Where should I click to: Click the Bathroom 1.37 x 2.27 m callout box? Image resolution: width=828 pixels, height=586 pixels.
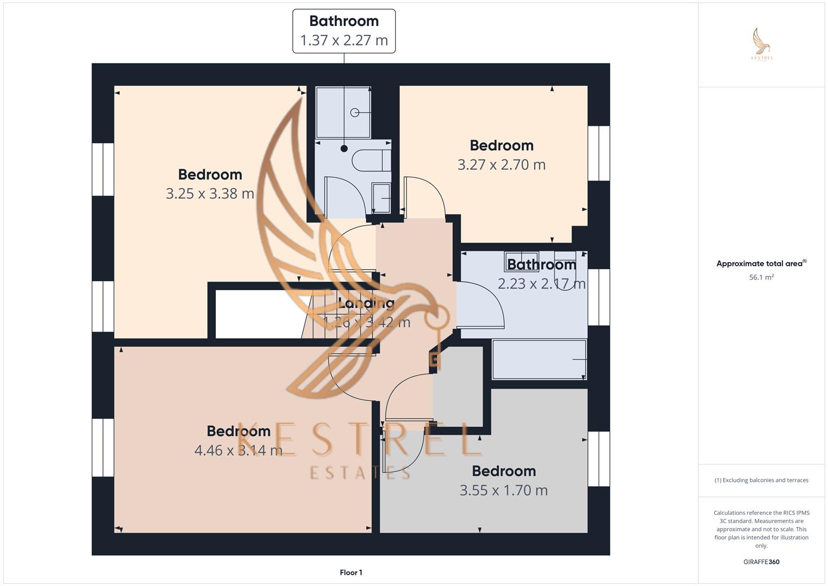(x=344, y=31)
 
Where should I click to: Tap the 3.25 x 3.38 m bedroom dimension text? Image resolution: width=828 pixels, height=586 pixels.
(x=210, y=194)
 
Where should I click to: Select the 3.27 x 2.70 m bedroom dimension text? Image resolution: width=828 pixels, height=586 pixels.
(x=501, y=165)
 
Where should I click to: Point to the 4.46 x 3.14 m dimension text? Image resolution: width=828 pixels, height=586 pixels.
(x=238, y=450)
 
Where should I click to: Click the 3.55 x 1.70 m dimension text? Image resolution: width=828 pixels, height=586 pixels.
(x=503, y=491)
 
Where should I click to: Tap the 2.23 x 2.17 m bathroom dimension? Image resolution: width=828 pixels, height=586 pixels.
(x=541, y=284)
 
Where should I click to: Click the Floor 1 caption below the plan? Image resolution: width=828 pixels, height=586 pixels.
(x=351, y=572)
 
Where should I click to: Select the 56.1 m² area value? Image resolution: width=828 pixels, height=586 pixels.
(x=761, y=277)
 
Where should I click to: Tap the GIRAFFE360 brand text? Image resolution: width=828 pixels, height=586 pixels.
(x=761, y=562)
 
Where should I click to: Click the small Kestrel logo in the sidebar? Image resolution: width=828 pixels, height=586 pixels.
(x=762, y=43)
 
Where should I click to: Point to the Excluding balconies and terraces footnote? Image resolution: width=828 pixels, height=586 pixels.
(x=761, y=480)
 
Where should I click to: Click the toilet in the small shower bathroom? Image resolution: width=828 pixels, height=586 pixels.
(x=371, y=161)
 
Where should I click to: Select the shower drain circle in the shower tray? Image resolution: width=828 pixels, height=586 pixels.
(x=355, y=112)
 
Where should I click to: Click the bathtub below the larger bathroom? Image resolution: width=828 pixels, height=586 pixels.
(x=539, y=359)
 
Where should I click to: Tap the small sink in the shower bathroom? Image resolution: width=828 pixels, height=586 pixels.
(x=381, y=198)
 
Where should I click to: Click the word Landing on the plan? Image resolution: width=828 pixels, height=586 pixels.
(x=366, y=303)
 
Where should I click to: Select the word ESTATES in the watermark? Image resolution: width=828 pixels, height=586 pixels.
(x=360, y=473)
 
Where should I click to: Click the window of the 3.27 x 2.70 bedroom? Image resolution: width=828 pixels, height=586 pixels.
(x=599, y=154)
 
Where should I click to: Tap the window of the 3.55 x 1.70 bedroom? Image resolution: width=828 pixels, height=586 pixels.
(x=599, y=459)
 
